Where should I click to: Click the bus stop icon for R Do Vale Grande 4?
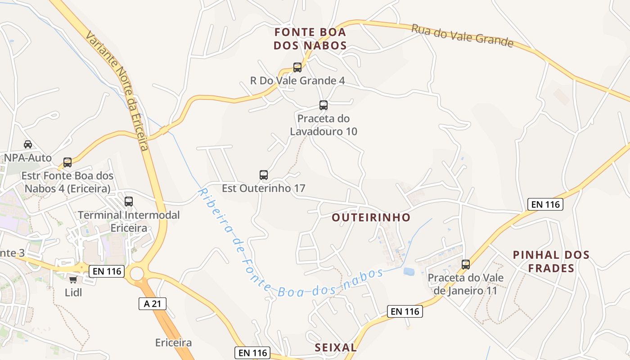(297, 67)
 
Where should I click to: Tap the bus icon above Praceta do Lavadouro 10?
(323, 105)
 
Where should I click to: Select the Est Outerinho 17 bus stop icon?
(264, 175)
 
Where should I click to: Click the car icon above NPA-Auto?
(28, 144)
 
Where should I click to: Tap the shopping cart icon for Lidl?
(73, 280)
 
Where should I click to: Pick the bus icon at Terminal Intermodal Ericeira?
(129, 202)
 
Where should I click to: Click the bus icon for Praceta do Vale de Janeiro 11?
(466, 265)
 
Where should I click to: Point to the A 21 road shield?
(153, 304)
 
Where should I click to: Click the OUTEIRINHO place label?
(371, 218)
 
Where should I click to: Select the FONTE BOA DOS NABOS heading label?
(310, 39)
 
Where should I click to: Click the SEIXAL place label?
(336, 347)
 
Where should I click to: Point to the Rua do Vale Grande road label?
(462, 35)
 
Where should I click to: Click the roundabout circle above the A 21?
(137, 273)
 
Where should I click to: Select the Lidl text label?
(74, 292)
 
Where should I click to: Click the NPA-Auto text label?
(28, 158)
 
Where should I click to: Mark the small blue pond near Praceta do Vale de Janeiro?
(409, 271)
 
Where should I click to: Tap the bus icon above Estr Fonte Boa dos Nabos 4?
(67, 162)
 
